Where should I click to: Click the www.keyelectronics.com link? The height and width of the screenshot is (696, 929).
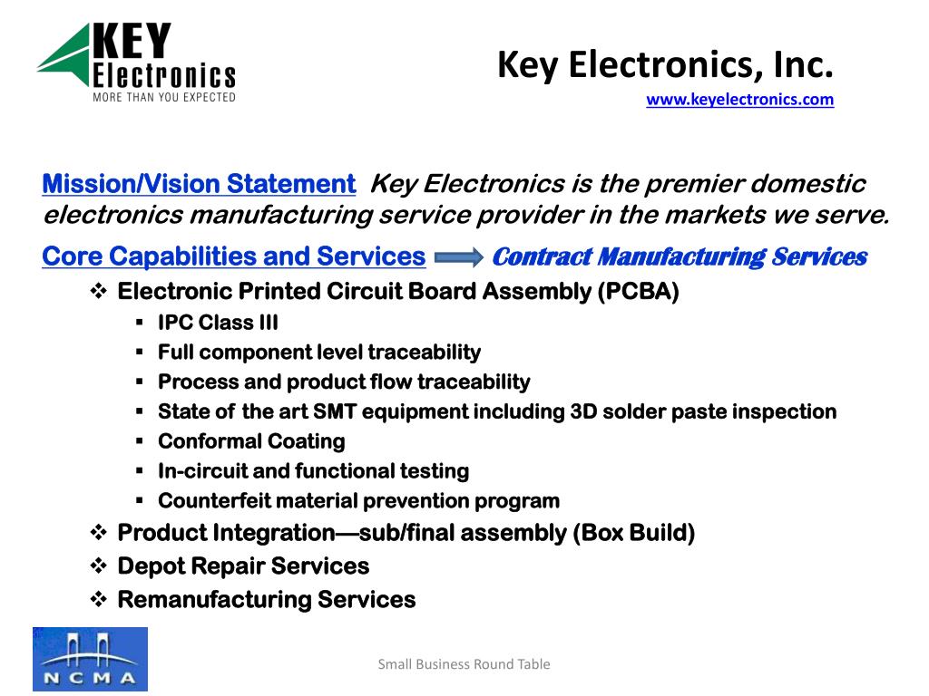(739, 100)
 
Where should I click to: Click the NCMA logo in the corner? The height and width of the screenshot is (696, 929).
(90, 659)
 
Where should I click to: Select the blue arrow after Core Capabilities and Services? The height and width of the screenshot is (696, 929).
(458, 257)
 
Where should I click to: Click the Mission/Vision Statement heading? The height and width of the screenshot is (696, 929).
(199, 184)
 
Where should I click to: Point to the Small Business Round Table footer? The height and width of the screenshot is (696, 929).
(464, 664)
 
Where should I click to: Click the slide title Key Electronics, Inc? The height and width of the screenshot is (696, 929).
(665, 64)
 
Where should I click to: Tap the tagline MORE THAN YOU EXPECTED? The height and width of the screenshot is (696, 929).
(164, 97)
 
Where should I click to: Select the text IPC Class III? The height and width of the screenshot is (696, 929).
(218, 323)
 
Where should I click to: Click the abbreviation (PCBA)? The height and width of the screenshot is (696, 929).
(638, 292)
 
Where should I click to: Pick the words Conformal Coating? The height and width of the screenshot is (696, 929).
(252, 441)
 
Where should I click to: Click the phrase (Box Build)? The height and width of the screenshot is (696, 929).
(633, 533)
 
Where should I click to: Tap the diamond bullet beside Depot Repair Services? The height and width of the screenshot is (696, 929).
(98, 565)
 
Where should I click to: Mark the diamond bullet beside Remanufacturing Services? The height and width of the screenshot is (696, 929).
(98, 599)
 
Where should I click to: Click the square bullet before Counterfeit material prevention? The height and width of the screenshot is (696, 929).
(139, 500)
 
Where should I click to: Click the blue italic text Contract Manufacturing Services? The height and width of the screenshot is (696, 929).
(680, 256)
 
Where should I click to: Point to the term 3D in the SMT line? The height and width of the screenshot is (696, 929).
(583, 411)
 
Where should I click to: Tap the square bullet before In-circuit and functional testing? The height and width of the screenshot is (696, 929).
(139, 471)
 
